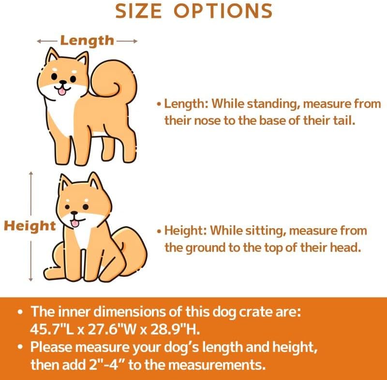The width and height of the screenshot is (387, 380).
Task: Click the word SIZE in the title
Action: [x=138, y=11]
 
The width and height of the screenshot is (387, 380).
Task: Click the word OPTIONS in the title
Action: [x=223, y=11]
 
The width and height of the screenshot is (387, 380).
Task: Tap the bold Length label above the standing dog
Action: [x=87, y=41]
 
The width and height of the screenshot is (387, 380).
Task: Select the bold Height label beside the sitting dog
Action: [x=30, y=226]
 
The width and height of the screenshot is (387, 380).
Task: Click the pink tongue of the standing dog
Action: [x=62, y=92]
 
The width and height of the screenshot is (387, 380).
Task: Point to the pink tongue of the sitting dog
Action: [x=74, y=223]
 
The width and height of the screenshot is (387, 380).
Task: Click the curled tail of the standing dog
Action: [x=114, y=78]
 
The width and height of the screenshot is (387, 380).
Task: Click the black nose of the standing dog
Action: [x=63, y=82]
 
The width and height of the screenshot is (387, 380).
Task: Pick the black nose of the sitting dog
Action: [x=74, y=213]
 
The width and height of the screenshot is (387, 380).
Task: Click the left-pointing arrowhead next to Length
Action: [x=39, y=41]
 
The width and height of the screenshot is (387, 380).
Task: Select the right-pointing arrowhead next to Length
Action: [x=135, y=41]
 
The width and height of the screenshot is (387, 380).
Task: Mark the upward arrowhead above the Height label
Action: [x=30, y=174]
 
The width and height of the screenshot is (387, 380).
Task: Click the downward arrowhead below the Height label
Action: [x=30, y=279]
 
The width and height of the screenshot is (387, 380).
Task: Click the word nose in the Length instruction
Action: [x=208, y=121]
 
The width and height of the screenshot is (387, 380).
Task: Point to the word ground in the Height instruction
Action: [x=205, y=248]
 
